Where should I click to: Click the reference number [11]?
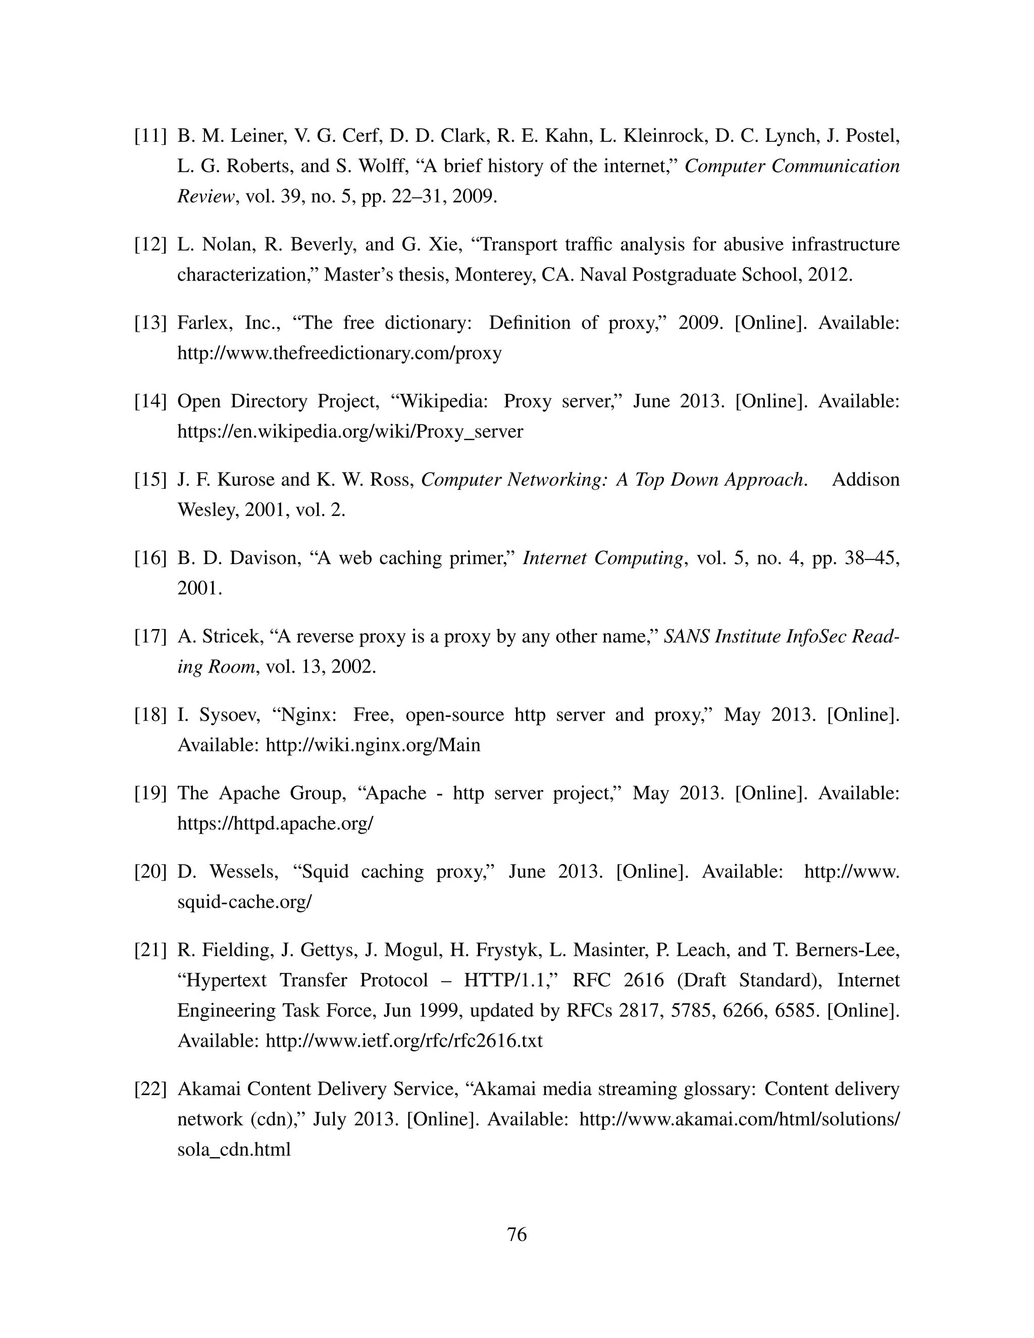coord(150,135)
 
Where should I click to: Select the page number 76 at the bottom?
coord(517,1234)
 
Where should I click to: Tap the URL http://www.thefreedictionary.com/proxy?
coord(339,353)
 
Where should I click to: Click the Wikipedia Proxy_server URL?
coord(350,431)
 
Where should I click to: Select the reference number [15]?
coord(150,479)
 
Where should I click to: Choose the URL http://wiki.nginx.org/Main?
coord(373,745)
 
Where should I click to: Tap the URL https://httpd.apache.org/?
coord(275,824)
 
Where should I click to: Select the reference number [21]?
coord(150,950)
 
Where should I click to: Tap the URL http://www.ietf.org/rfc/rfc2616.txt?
coord(404,1040)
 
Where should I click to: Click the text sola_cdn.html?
coord(234,1149)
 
